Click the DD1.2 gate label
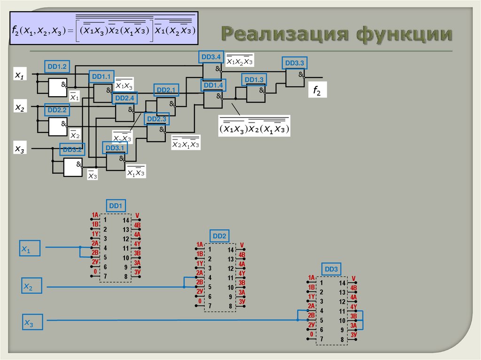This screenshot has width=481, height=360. pyautogui.click(x=57, y=67)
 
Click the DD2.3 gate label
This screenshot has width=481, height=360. pyautogui.click(x=156, y=119)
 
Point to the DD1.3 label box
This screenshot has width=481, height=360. pyautogui.click(x=254, y=79)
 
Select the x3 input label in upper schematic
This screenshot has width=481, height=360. pyautogui.click(x=20, y=149)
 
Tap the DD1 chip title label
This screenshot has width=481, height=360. pyautogui.click(x=116, y=206)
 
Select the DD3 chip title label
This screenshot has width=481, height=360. pyautogui.click(x=331, y=269)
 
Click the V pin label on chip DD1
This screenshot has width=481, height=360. pyautogui.click(x=137, y=216)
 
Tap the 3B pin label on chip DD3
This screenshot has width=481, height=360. pyautogui.click(x=353, y=315)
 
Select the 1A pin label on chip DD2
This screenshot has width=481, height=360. pyautogui.click(x=200, y=245)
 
